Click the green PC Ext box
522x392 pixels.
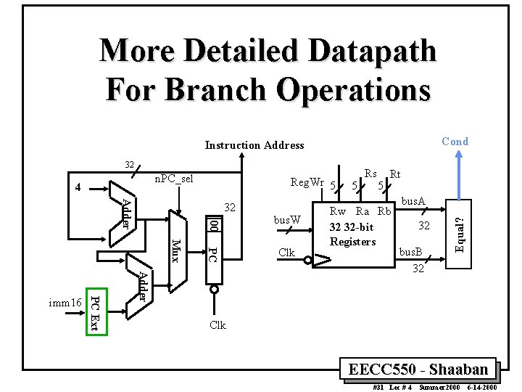(x=94, y=312)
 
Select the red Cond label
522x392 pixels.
(x=455, y=142)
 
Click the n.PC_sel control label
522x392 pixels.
(x=174, y=179)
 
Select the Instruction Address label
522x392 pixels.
(x=254, y=145)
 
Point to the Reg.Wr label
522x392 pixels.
(x=307, y=181)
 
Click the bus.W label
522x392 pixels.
(x=286, y=219)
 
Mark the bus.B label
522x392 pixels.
(x=412, y=252)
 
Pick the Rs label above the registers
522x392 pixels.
(x=370, y=173)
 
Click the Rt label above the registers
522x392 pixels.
(x=395, y=174)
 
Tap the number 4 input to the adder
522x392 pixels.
(x=80, y=188)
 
